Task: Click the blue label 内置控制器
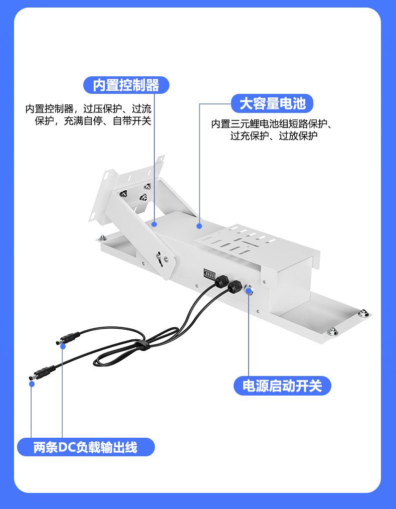click(x=126, y=85)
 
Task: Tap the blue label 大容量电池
click(x=272, y=103)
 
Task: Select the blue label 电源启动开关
click(x=282, y=386)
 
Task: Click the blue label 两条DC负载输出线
click(x=86, y=447)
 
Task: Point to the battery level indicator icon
click(x=210, y=274)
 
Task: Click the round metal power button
click(x=249, y=289)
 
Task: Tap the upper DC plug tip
click(x=58, y=342)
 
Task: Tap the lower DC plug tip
click(x=32, y=377)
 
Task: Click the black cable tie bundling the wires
click(x=141, y=345)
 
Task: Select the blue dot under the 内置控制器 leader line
click(x=154, y=224)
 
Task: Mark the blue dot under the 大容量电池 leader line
click(x=200, y=226)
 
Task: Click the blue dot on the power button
click(x=249, y=290)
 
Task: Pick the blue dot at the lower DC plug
click(x=32, y=384)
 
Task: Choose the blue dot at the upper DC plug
click(x=63, y=346)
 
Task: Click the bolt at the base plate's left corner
click(x=103, y=238)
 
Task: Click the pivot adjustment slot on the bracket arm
click(x=159, y=259)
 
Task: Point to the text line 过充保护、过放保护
click(x=274, y=136)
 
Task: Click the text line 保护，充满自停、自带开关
click(x=93, y=121)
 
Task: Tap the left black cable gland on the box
click(x=222, y=281)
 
